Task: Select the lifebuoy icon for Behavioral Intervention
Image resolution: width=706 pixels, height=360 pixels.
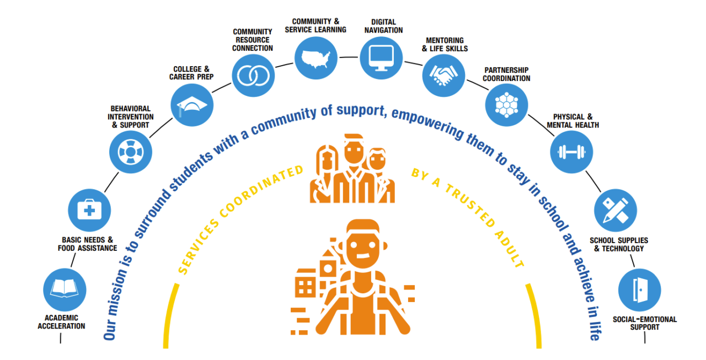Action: coord(130,151)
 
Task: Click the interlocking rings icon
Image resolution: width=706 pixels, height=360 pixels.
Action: coord(252,76)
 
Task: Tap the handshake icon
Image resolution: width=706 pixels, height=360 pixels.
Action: coord(443,75)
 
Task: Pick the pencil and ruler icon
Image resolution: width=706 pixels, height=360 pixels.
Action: coord(615,210)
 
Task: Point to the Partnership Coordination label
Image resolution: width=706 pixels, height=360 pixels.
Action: coord(507,74)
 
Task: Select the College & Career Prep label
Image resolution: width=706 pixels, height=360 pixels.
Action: coord(191,73)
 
